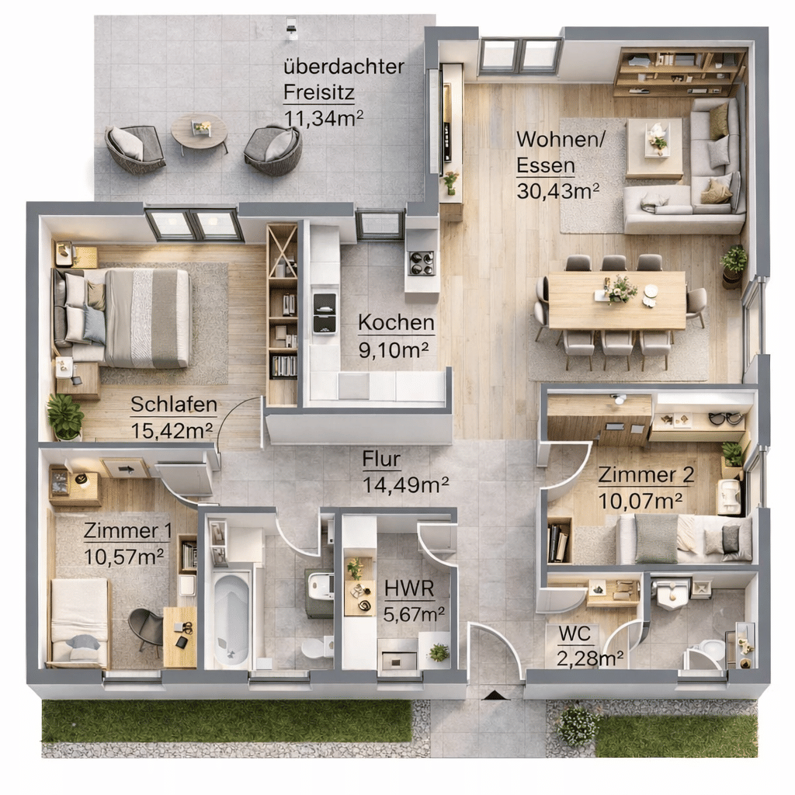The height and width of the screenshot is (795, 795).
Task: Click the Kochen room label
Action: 396,322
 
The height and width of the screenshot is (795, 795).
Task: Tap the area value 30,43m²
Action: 557,191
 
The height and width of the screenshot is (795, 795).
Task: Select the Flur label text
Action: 381,459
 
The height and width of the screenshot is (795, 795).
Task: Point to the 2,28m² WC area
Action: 590,658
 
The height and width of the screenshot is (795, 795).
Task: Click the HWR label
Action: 408,588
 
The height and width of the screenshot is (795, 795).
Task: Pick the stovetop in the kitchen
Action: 422,262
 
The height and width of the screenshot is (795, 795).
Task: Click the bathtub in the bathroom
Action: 231,619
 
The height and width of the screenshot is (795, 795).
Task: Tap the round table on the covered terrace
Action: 200,130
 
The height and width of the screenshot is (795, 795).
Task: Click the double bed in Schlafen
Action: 122,318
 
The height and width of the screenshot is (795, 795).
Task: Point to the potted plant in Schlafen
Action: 65,416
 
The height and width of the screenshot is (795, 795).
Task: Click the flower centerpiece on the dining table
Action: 620,289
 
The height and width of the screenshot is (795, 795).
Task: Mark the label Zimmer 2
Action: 646,474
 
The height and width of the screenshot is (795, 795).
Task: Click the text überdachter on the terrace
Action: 344,67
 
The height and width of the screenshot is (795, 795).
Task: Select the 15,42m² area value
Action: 172,430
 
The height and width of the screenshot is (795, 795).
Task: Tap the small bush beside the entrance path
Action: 577,725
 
